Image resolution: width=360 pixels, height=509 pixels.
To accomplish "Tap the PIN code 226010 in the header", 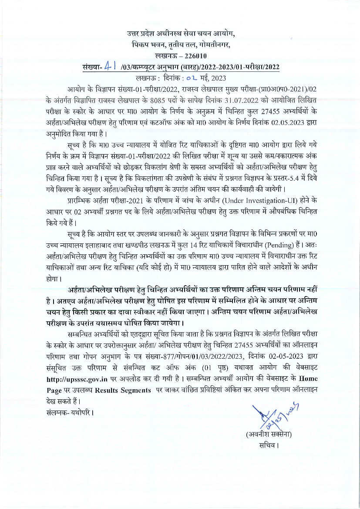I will (x=196, y=56).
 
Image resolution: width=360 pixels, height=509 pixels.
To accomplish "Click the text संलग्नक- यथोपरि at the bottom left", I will (x=69, y=411).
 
